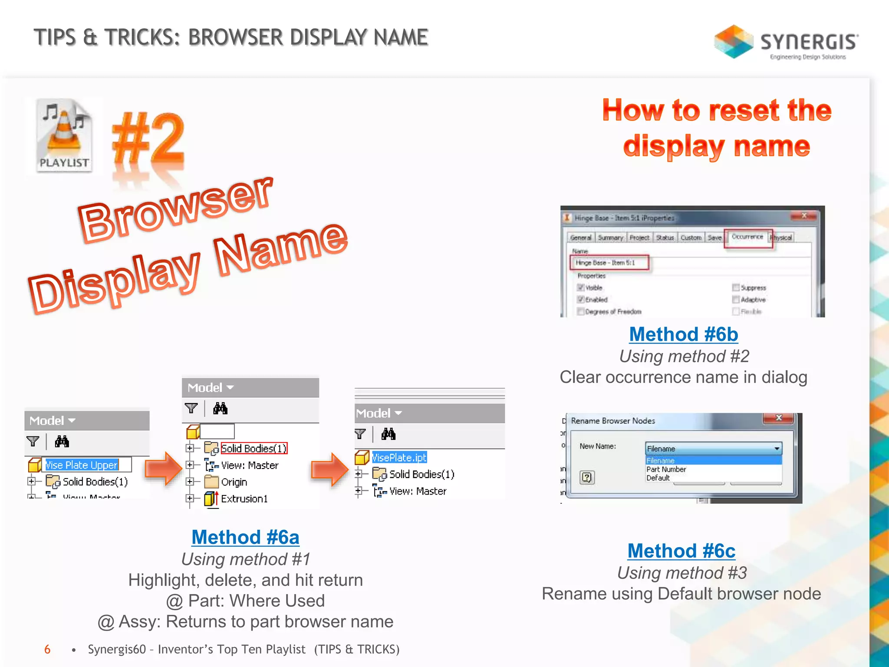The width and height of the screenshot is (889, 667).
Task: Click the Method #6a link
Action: tap(245, 538)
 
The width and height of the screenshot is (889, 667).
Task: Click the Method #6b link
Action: tap(683, 334)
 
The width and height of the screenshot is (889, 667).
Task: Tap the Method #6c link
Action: tap(681, 551)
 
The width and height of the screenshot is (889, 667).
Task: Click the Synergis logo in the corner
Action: tap(786, 42)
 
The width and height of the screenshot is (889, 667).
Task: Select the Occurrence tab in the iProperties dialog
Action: tap(747, 237)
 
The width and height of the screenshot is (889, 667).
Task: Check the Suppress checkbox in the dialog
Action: tap(736, 287)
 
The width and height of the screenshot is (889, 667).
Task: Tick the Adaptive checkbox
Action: tap(736, 300)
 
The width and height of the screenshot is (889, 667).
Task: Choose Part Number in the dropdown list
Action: tap(666, 469)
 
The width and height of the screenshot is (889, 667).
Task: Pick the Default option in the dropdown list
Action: tap(658, 478)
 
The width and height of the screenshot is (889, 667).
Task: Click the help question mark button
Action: tap(587, 478)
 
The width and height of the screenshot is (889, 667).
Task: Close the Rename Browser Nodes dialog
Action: tap(779, 418)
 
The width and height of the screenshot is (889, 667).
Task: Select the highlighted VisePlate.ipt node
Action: tap(399, 457)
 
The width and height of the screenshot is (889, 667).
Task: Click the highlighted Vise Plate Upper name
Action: tap(82, 465)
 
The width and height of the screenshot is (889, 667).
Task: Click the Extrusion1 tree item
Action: tap(244, 499)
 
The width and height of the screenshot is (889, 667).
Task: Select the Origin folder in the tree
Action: tap(234, 482)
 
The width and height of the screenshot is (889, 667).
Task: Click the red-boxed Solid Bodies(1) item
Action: tap(254, 448)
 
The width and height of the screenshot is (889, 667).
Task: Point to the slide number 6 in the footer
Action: tap(47, 650)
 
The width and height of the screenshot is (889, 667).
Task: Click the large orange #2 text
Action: tap(149, 139)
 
